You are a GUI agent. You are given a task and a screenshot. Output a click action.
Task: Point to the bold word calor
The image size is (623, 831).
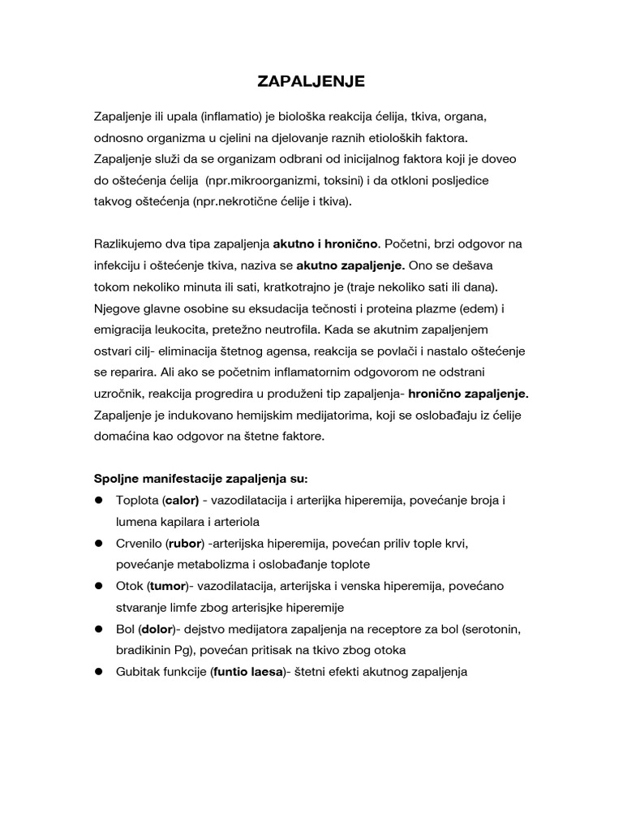(183, 501)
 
